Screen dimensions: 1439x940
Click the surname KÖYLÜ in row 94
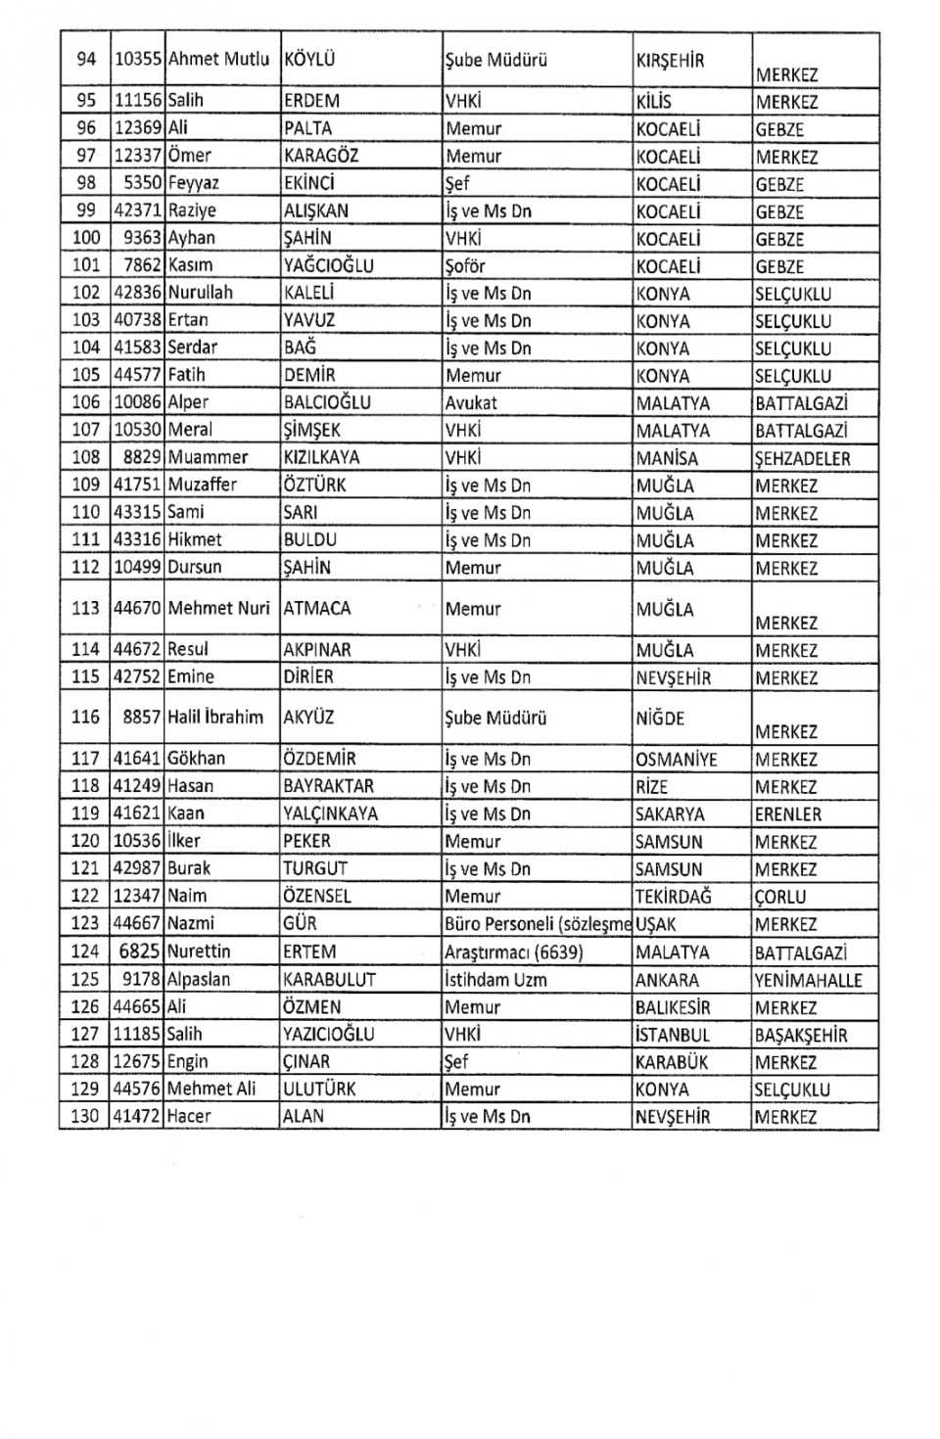tap(308, 60)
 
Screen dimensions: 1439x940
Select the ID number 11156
tap(137, 101)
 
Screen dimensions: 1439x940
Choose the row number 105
tap(86, 375)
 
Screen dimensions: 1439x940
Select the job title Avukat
tap(471, 402)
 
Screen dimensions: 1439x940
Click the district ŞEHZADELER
tap(802, 458)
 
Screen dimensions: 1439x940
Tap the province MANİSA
tap(667, 457)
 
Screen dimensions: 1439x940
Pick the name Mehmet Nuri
tap(218, 608)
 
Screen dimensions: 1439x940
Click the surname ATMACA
tap(316, 608)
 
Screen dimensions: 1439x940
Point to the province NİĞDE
tap(660, 718)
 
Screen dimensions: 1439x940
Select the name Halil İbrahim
tap(215, 718)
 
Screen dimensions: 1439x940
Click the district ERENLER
tap(788, 814)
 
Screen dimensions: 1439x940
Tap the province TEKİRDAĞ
tap(674, 897)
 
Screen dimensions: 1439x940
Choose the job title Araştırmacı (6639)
tap(514, 952)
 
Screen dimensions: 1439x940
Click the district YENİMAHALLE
tap(808, 980)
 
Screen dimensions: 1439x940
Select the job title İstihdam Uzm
tap(495, 980)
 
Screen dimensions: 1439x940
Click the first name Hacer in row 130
tap(189, 1116)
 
